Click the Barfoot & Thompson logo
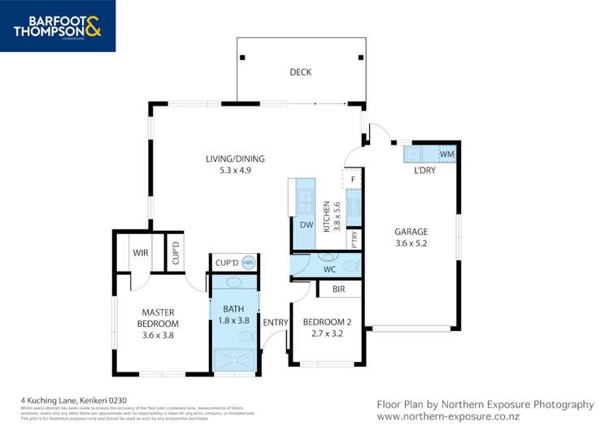58,25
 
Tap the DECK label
300,72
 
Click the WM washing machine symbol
446,153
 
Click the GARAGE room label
411,237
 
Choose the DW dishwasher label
307,224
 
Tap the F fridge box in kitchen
352,179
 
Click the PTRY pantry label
355,240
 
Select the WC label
329,268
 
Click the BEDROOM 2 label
327,328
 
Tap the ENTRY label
276,323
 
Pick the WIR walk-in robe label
141,253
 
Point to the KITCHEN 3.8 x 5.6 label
331,216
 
